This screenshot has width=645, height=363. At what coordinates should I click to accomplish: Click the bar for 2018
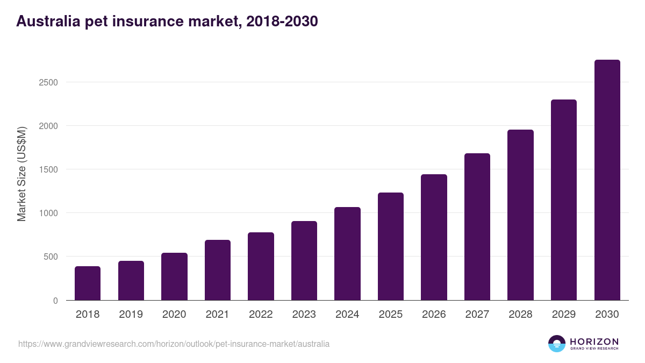pos(88,283)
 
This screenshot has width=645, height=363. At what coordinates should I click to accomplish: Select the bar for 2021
pos(217,270)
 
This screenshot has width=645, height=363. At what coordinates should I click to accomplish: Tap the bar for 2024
pos(347,254)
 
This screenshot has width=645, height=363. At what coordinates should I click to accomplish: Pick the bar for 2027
pos(477,227)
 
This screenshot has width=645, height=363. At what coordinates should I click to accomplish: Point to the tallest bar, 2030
pos(607,180)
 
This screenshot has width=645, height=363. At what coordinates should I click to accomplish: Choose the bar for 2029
pos(564,200)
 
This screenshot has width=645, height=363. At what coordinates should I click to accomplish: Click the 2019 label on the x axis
pos(131,315)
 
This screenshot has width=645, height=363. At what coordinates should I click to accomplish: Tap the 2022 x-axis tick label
pos(261,315)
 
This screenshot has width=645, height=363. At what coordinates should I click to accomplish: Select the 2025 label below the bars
pos(391,315)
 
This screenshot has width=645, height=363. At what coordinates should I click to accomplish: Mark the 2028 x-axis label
pos(520,315)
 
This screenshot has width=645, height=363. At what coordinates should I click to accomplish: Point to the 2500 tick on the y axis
pos(48,82)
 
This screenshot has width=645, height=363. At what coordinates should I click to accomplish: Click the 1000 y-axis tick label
pos(48,213)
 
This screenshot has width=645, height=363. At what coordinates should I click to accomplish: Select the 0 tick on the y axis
pos(55,301)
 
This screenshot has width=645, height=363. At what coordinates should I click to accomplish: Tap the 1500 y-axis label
pos(48,169)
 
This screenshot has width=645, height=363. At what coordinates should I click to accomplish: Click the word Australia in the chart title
pos(46,21)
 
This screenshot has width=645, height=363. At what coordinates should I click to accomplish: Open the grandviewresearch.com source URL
pos(174,344)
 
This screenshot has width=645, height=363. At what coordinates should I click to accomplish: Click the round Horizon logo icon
pos(556,344)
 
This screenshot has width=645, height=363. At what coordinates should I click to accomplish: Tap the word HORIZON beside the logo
pos(594,341)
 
